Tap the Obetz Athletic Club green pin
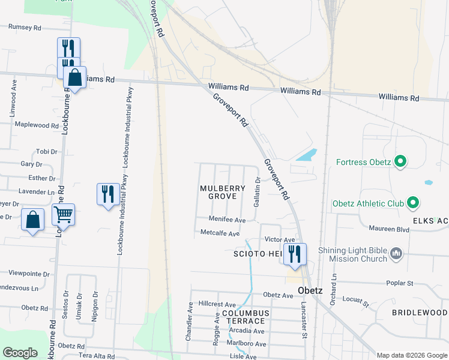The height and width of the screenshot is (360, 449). pos(412,203)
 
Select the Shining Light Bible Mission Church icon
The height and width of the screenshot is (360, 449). pos(395,254)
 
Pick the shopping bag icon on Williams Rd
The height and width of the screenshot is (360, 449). pos(74,77)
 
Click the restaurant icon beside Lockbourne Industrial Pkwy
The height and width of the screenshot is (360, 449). pos(108,193)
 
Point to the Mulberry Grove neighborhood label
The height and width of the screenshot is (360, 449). pos(223,192)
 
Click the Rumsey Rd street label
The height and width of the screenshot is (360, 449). pos(25,28)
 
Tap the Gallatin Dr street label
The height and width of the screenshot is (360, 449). pos(257,191)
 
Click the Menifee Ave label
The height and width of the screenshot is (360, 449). pos(227,220)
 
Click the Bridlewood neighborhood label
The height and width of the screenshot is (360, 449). pos(420,313)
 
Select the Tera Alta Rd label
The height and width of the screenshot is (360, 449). pos(96,356)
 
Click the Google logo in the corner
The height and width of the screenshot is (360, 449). pos(20,352)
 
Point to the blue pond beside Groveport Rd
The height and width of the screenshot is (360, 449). pos(306,155)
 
